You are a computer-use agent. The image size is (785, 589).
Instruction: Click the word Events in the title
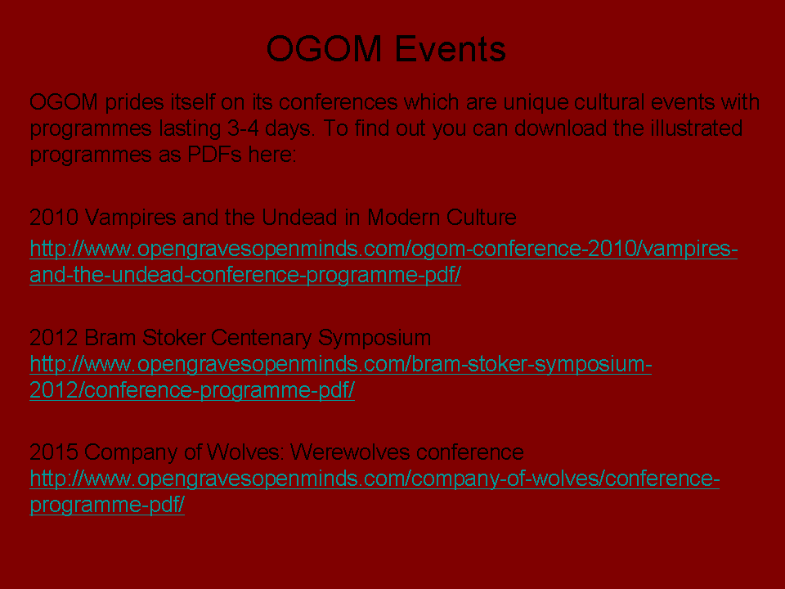point(450,48)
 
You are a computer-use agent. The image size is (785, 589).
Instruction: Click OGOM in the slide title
point(325,48)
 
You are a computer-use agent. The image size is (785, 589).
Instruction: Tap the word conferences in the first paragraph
point(338,102)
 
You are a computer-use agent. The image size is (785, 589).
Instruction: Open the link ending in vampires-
point(384,250)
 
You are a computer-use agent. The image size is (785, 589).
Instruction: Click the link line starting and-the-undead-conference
point(245,275)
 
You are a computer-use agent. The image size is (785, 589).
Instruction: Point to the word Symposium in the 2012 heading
point(375,339)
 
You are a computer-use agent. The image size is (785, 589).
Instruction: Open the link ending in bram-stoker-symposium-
point(341,365)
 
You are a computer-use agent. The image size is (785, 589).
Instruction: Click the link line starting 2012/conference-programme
point(192,390)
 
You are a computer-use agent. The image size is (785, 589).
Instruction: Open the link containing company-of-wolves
point(375,479)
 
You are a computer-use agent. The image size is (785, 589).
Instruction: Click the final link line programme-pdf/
point(107,505)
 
